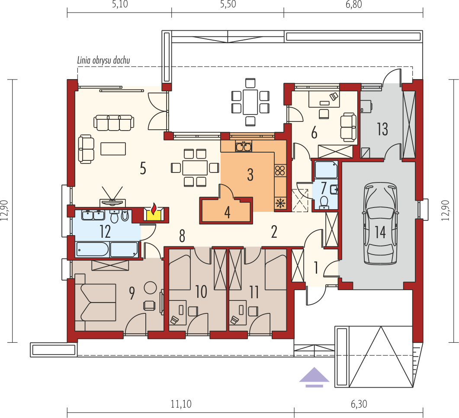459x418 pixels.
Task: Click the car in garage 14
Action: [380, 223]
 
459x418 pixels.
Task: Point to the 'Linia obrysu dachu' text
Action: [103, 61]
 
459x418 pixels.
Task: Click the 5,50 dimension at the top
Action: [228, 5]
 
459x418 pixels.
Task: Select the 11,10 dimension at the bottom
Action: [181, 404]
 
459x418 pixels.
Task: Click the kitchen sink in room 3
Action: [244, 147]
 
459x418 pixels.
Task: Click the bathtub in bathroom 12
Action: [93, 250]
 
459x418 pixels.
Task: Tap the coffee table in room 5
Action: [113, 149]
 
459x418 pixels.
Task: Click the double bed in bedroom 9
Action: [95, 303]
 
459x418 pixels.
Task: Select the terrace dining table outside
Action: [250, 102]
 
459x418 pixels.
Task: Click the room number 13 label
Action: [382, 130]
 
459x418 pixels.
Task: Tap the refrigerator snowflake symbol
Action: [280, 202]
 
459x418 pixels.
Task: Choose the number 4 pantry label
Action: [228, 212]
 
